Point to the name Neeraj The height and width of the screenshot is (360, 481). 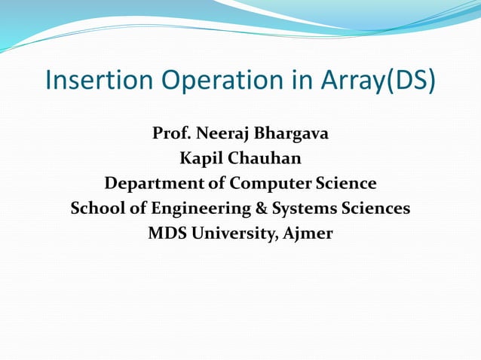pos(222,136)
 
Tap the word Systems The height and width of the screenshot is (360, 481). pos(297,208)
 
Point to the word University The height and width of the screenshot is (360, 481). pos(234,233)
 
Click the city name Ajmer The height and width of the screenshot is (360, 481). pos(308,233)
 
